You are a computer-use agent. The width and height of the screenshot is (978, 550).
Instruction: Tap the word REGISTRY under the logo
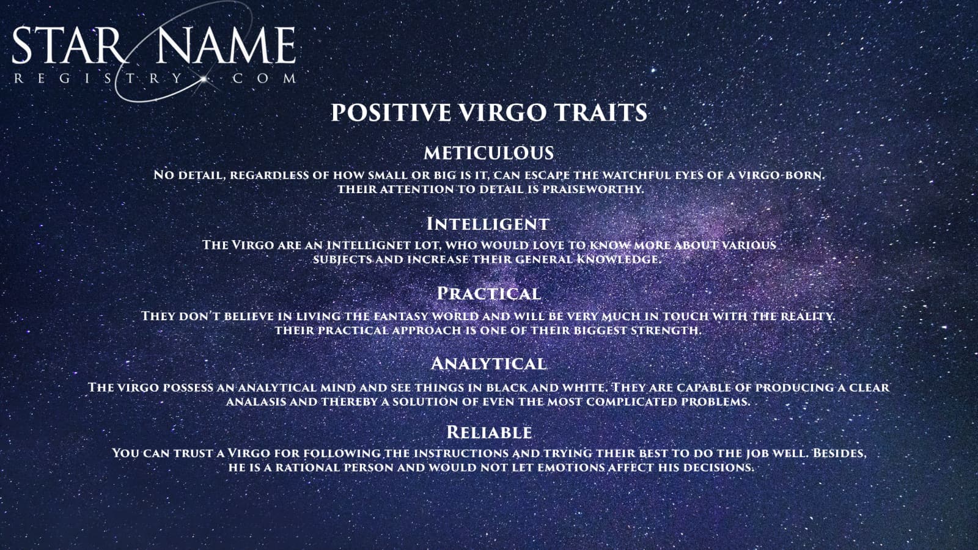pos(98,79)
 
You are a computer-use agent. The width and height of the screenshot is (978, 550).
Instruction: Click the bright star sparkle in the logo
pos(204,79)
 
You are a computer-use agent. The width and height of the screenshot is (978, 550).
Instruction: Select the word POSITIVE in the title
pos(391,112)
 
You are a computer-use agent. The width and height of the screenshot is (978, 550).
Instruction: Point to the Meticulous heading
pos(488,153)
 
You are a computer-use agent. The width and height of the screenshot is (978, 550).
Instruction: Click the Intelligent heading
pos(488,224)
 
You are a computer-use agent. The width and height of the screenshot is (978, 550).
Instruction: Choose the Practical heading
pos(488,293)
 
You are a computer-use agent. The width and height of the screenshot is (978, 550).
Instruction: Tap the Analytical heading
pos(488,363)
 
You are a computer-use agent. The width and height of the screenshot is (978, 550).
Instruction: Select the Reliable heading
pos(489,432)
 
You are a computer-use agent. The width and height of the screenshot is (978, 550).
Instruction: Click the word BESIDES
pos(840,453)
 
